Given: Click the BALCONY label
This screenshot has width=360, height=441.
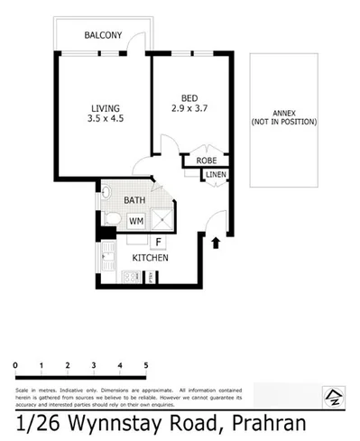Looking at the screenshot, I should [x=102, y=35].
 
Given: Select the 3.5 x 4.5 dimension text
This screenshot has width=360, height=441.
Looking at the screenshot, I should [x=102, y=118].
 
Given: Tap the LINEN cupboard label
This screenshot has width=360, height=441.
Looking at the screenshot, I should [x=216, y=175].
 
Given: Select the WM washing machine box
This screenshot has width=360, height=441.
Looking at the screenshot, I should [x=136, y=220].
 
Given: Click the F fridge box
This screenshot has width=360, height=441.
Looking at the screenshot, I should [x=158, y=242].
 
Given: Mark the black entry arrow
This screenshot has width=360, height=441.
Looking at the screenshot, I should [x=215, y=242].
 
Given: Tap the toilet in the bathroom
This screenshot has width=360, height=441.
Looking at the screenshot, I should [x=113, y=219].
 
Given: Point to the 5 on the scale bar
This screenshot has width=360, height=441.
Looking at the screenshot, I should [x=146, y=364].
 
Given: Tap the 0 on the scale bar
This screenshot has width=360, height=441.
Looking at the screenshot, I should [x=16, y=364].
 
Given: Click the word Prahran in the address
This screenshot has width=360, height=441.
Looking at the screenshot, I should [x=270, y=422].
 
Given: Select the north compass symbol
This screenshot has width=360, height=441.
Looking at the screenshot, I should [x=332, y=394].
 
